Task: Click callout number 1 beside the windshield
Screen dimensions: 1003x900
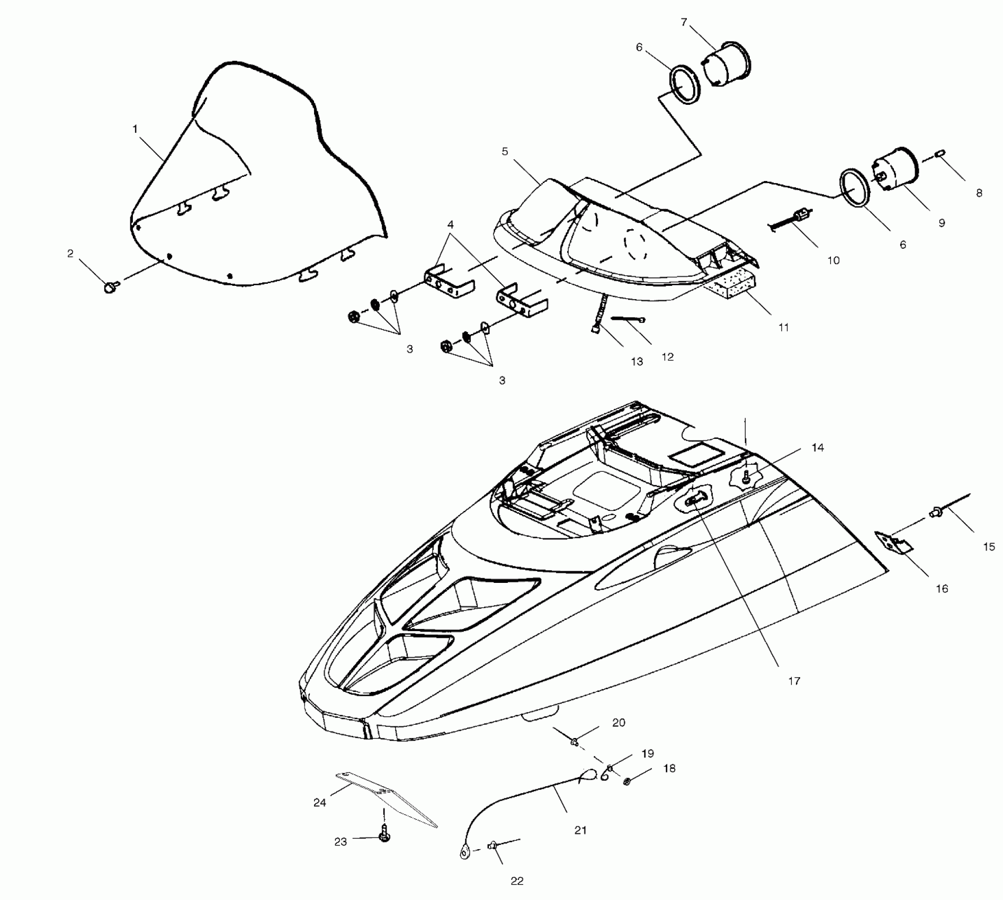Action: click(x=135, y=129)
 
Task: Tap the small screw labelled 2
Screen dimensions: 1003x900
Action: click(x=111, y=287)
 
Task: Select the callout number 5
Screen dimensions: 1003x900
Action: click(x=505, y=152)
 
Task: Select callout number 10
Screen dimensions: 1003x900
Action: click(x=833, y=260)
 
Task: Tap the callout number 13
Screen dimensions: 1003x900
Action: click(x=637, y=361)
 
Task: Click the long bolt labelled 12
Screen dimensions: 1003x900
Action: click(x=629, y=319)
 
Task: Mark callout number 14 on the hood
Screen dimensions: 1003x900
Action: click(x=818, y=448)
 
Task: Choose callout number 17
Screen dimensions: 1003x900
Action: click(x=794, y=681)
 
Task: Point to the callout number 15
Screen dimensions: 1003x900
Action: click(x=989, y=547)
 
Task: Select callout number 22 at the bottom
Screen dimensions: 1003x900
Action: click(x=517, y=880)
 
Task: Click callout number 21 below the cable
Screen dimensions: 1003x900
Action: click(x=580, y=830)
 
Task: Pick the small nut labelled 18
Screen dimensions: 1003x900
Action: click(x=627, y=781)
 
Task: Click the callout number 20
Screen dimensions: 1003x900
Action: click(x=619, y=723)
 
